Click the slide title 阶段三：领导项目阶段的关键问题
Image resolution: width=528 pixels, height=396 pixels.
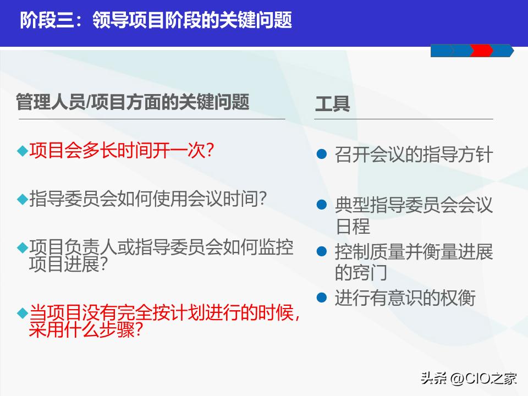pos(156,20)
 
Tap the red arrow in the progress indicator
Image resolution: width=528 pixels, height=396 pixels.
pos(482,51)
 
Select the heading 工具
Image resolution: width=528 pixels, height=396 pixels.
pos(332,104)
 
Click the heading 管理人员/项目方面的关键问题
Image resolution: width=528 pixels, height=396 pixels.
pos(133,102)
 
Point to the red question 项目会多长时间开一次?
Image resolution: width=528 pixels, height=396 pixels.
pos(122,150)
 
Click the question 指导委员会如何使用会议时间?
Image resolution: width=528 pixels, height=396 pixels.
pos(148,199)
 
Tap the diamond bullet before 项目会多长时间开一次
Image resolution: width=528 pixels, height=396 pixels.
pos(22,151)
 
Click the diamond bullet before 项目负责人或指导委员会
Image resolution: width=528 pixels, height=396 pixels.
pos(22,248)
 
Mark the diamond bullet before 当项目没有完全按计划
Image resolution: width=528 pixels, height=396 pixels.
pos(22,313)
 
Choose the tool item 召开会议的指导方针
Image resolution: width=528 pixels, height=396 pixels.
pos(414,154)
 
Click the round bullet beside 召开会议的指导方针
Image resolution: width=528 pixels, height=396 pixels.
pos(322,154)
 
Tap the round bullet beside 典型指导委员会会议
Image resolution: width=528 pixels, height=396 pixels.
pos(322,206)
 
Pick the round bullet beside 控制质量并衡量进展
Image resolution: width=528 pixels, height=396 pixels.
pos(322,252)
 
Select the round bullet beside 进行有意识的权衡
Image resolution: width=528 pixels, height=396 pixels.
pos(322,298)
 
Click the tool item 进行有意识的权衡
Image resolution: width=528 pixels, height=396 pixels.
pos(405,298)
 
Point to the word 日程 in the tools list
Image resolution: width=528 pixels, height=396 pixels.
pos(353,226)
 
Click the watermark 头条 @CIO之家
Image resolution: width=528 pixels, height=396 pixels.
pos(469,378)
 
